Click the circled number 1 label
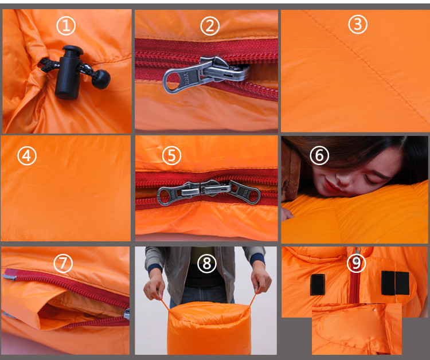(x=66, y=26)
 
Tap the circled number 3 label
(x=358, y=24)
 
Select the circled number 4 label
(x=27, y=156)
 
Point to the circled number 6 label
(x=319, y=155)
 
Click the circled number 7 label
(x=63, y=263)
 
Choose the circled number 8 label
(x=207, y=263)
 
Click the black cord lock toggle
(x=69, y=72)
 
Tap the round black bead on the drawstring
(x=101, y=79)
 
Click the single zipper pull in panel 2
(x=206, y=74)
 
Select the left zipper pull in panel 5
(x=178, y=193)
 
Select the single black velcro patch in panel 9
(x=318, y=284)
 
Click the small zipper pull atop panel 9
(x=357, y=251)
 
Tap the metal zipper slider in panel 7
(x=127, y=314)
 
